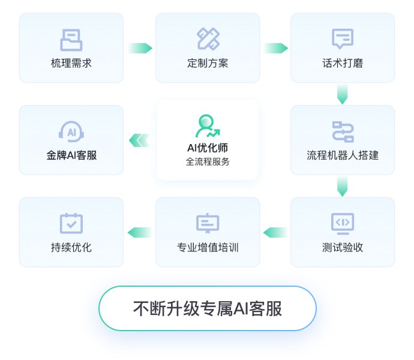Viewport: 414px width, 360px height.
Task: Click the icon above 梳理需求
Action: click(71, 40)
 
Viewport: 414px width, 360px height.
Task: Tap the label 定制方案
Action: click(208, 63)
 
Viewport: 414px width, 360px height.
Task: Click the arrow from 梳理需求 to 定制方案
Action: click(139, 48)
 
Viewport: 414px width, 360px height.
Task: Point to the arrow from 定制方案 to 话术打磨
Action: click(275, 48)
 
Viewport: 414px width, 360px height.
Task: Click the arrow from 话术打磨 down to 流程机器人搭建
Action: click(343, 93)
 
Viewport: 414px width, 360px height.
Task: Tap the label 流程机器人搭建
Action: click(343, 155)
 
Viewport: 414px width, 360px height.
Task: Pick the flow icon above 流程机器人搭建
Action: click(343, 131)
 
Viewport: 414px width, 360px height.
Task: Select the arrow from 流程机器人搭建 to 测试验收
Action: click(343, 186)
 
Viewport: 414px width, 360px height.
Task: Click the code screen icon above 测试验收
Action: click(343, 223)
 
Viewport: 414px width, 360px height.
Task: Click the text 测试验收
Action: click(343, 247)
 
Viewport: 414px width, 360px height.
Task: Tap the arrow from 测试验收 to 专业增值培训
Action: click(275, 232)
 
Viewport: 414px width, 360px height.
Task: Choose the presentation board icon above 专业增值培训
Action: click(208, 223)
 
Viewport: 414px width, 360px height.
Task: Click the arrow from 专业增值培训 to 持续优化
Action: click(139, 232)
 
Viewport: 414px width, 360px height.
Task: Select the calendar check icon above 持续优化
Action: click(71, 223)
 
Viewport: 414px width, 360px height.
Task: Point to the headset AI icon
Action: click(71, 131)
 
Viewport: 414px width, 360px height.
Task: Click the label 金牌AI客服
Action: click(71, 155)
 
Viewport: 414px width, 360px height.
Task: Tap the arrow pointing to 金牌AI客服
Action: click(139, 140)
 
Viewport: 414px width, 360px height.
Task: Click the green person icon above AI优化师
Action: click(208, 126)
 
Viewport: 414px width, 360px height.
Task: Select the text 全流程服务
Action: click(208, 161)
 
